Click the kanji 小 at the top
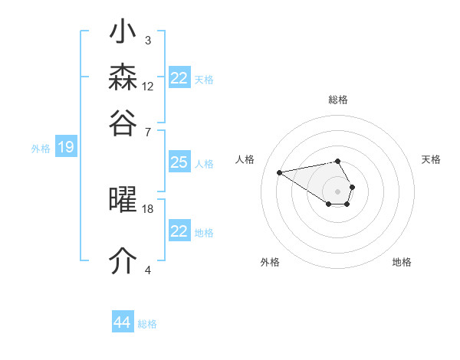point(123,31)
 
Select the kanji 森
point(123,77)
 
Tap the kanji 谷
point(123,123)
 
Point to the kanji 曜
point(123,199)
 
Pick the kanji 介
point(123,260)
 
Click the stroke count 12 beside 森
point(147,87)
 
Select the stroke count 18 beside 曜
point(147,209)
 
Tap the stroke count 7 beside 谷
point(148,133)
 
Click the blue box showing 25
point(179,162)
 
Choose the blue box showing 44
point(123,321)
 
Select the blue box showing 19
point(66,146)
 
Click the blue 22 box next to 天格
point(179,77)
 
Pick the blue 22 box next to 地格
point(179,230)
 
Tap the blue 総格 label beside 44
point(147,324)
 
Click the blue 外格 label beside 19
point(41,149)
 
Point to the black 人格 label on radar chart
point(245,159)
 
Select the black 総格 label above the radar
point(338,100)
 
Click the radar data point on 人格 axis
point(280,172)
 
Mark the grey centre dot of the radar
point(337,191)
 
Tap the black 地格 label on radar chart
point(402,262)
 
